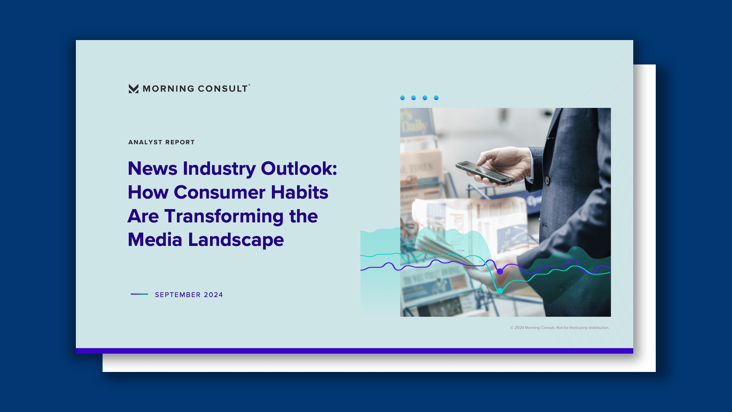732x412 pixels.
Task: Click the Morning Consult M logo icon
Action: coord(133,89)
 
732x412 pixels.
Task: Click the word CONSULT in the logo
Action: coord(223,89)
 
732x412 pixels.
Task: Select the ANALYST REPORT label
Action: coord(162,142)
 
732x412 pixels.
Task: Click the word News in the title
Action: coord(152,168)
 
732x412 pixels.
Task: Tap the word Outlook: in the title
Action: coord(299,168)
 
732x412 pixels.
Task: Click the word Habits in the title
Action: coord(300,192)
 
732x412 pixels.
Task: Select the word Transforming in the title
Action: coord(224,216)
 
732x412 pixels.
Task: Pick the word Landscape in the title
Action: coord(236,240)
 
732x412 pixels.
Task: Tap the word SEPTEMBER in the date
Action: coord(178,295)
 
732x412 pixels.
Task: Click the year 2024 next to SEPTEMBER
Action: coord(213,295)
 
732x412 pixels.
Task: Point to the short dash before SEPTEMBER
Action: coord(140,294)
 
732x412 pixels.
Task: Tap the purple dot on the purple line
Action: coord(500,272)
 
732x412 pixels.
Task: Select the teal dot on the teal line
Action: coord(500,291)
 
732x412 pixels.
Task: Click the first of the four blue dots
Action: coord(403,98)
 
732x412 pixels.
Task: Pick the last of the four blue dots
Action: coord(437,98)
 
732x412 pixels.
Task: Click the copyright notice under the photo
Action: coord(560,328)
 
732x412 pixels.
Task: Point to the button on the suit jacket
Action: coord(547,180)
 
